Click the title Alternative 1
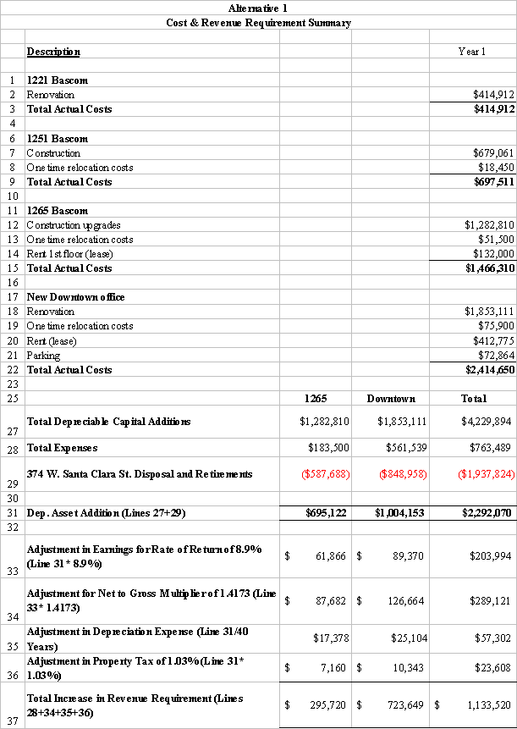click(257, 8)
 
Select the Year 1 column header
click(471, 52)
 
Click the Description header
click(53, 52)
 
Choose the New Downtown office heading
click(75, 297)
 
